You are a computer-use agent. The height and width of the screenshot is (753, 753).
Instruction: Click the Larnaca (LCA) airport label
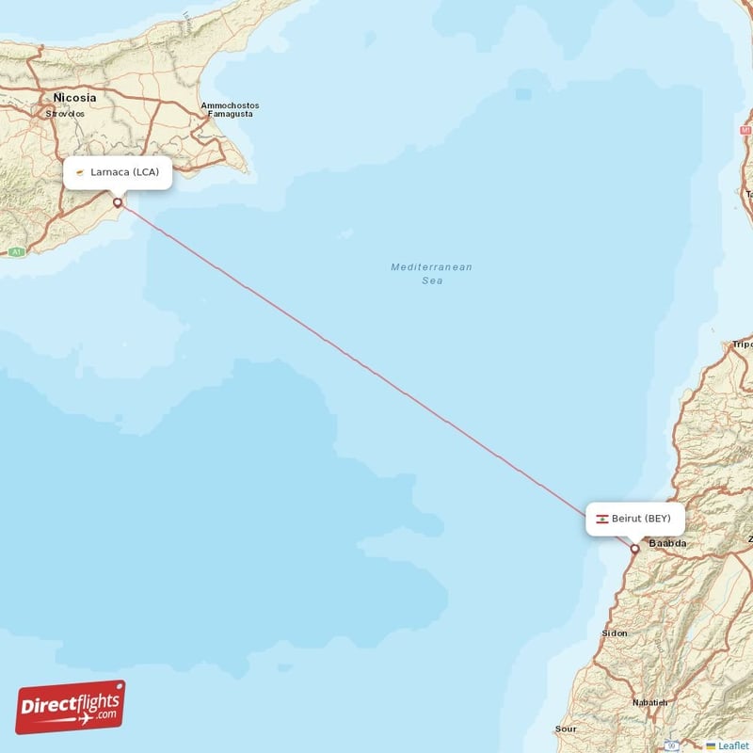coord(118,172)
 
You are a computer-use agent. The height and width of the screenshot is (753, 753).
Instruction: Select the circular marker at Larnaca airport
coord(118,201)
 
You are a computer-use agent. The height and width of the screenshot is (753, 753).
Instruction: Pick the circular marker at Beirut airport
coord(635,548)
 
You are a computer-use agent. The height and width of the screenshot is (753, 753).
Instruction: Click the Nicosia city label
coord(75,98)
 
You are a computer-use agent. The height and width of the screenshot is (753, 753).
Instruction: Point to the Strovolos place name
coord(65,114)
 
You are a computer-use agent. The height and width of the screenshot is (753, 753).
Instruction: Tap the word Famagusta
coord(230,114)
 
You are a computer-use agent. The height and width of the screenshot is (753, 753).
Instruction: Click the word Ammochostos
coord(230,105)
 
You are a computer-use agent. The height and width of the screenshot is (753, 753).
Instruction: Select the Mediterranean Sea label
coord(432,274)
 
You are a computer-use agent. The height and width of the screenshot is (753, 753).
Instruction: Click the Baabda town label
coord(667,544)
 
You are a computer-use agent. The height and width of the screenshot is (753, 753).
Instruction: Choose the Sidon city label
coord(615,633)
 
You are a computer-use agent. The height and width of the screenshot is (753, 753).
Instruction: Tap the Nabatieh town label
coord(649,702)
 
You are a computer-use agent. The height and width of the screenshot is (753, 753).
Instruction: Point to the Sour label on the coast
coord(566,729)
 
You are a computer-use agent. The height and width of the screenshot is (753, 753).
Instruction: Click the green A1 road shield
coord(16,252)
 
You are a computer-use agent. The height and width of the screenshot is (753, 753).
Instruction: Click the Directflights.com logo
coord(71,707)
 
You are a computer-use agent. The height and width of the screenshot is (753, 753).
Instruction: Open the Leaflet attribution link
coord(732,745)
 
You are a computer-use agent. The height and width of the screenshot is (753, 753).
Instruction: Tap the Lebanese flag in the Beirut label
coord(601,519)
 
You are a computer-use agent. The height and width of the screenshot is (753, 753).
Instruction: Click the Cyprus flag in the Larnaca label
coord(82,172)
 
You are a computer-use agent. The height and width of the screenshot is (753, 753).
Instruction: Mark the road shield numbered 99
coord(672,745)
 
